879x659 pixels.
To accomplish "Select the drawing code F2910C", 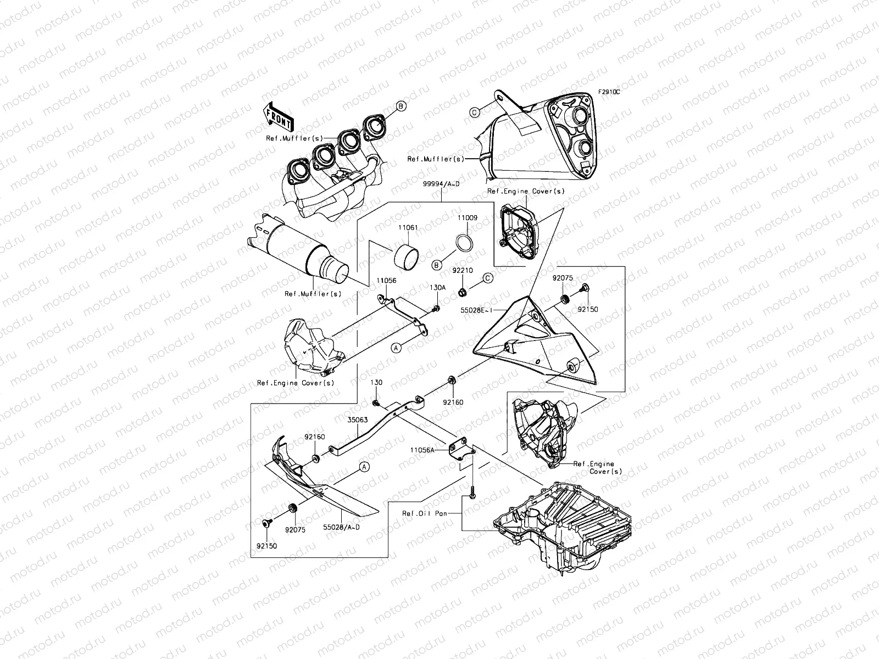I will pos(609,92).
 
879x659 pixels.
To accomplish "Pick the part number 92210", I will pos(463,270).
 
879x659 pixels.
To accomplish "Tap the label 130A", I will pos(437,287).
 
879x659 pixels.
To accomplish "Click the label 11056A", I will pos(422,449).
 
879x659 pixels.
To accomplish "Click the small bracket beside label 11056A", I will pos(459,448).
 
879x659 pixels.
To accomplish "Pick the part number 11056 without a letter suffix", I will pos(386,280).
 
